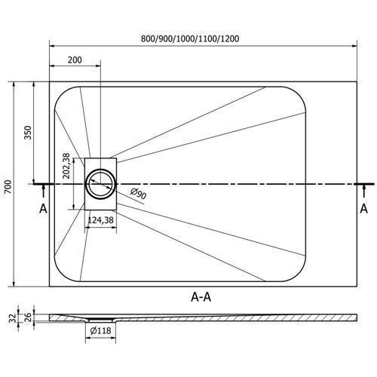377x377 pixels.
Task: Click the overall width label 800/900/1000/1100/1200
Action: [190, 38]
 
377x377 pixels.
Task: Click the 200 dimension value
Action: [75, 60]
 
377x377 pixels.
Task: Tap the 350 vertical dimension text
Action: [28, 133]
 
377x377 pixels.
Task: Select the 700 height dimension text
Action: [8, 187]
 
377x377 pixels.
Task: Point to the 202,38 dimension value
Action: [66, 166]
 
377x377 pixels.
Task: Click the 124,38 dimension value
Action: [100, 220]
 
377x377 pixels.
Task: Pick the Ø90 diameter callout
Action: [138, 193]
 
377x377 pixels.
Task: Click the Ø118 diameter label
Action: [100, 331]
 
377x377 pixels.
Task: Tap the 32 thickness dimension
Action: [13, 318]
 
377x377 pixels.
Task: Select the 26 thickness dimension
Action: [29, 317]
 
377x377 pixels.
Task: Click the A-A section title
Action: [201, 297]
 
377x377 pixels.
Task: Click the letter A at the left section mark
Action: [43, 209]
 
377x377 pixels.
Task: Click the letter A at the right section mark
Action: [363, 209]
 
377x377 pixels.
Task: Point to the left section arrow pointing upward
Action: [44, 190]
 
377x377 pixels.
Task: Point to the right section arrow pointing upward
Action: [363, 190]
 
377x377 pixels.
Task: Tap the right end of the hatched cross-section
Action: [357, 317]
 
